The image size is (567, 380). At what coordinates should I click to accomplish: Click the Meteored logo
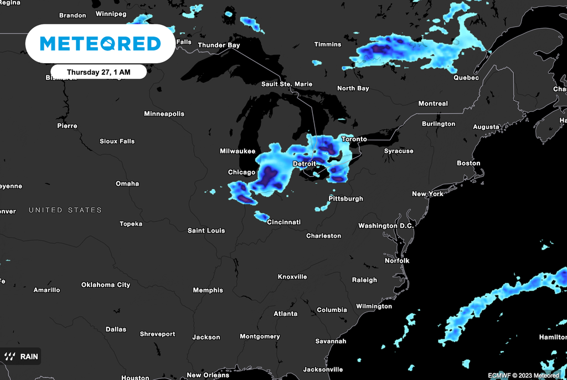(100, 44)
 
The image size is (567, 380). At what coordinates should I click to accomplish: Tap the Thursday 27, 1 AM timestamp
(99, 72)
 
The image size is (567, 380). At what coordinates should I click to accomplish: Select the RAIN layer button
(22, 356)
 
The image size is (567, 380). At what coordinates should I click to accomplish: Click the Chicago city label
(241, 172)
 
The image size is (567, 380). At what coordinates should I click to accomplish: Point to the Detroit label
(304, 164)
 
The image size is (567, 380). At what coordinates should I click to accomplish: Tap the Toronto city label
(354, 139)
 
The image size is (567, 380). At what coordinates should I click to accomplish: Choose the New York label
(427, 194)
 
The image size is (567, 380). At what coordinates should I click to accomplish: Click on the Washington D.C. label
(386, 225)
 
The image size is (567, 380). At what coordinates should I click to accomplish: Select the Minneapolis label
(164, 114)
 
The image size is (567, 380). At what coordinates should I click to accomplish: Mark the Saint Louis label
(206, 230)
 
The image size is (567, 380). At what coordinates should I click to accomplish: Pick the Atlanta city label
(286, 314)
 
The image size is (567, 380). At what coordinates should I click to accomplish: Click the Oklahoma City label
(106, 285)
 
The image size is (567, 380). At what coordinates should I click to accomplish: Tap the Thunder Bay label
(219, 45)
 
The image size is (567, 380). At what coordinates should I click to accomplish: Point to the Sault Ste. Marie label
(287, 84)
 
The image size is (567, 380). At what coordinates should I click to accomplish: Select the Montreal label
(433, 104)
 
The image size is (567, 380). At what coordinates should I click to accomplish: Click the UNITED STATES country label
(65, 210)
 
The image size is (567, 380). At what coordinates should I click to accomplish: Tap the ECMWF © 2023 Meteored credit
(523, 375)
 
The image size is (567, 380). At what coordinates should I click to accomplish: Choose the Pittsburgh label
(346, 198)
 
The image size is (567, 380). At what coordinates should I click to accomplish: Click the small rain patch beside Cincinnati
(261, 216)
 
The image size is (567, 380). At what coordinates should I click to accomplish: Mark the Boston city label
(468, 163)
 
